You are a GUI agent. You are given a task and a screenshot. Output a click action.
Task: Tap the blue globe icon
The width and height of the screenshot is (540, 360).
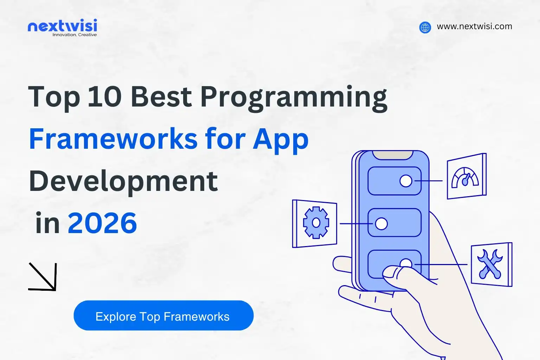point(425,27)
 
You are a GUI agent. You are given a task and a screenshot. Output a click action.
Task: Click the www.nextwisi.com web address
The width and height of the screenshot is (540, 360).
point(474,26)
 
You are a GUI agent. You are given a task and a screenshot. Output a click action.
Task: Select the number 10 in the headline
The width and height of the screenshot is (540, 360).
point(104,97)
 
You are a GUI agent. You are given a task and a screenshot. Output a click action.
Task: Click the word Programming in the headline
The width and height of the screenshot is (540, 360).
point(294,98)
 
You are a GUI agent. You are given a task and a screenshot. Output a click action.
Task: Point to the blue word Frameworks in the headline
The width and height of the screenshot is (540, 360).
point(113,139)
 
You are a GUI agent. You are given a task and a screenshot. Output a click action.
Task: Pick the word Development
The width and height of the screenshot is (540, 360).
point(123,181)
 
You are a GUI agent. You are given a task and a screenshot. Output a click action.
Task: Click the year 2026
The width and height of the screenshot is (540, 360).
point(102,223)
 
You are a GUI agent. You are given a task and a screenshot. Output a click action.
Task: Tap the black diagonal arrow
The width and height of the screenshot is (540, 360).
point(43,277)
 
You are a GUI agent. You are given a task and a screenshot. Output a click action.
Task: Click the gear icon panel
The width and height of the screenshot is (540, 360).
point(315,223)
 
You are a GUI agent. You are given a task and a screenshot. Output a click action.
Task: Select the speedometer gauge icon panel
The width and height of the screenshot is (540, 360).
point(466,176)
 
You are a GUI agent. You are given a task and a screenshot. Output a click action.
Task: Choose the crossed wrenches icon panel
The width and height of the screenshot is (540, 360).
point(491,264)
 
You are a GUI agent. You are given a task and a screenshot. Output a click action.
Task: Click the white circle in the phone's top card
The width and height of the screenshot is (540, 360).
point(406,181)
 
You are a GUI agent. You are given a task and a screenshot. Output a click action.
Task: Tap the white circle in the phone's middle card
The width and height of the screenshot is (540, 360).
point(381,223)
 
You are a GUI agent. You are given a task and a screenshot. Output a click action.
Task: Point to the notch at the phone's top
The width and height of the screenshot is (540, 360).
point(393,155)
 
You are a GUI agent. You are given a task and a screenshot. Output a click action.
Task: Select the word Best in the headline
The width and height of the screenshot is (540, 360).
point(161,97)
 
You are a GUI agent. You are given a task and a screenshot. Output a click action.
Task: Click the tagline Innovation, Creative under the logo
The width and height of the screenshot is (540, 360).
point(75,35)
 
